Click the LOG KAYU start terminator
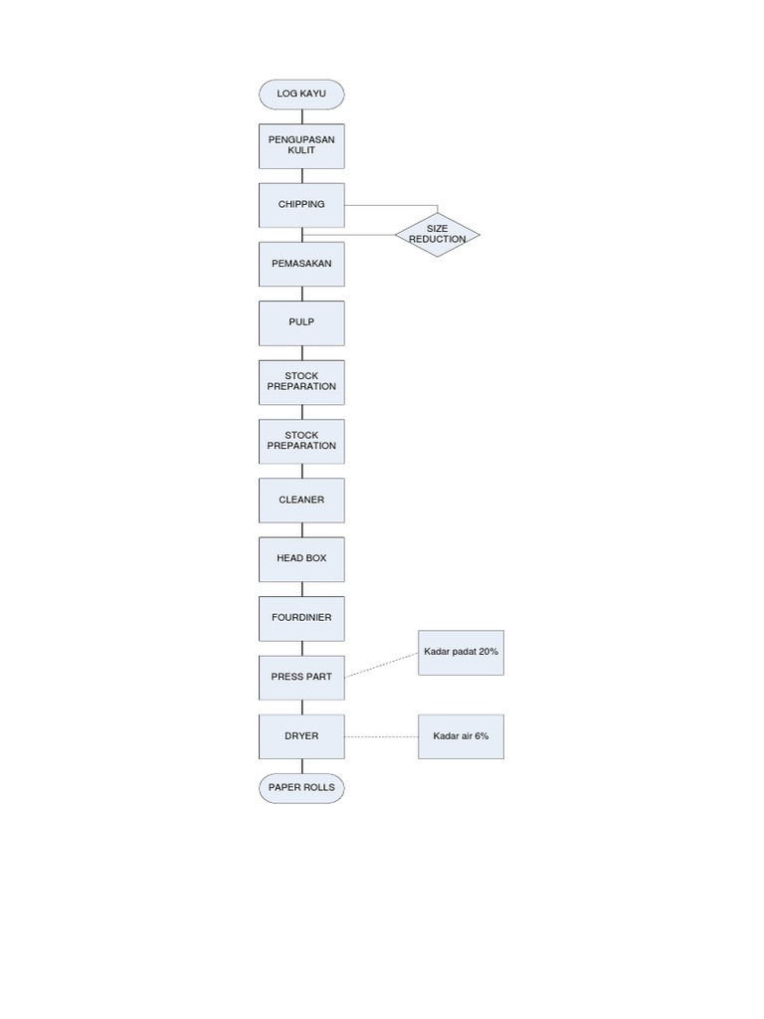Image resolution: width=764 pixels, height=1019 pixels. click(x=301, y=95)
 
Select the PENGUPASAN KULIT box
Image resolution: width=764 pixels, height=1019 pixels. click(x=301, y=145)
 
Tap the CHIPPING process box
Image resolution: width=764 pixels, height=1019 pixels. click(x=301, y=205)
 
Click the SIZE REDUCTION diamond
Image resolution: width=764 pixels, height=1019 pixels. click(x=437, y=235)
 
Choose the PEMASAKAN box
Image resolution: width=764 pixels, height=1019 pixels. click(x=301, y=265)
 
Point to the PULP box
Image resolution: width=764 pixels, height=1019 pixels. click(x=301, y=323)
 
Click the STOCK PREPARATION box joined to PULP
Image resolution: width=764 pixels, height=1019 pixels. click(x=301, y=382)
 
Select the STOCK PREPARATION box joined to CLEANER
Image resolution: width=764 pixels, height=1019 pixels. click(x=301, y=441)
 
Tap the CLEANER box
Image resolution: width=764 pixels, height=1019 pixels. click(x=301, y=500)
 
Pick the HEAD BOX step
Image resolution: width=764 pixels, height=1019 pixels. click(x=301, y=559)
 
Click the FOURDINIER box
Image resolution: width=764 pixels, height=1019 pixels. click(x=301, y=618)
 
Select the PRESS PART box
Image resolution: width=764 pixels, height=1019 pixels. click(x=301, y=677)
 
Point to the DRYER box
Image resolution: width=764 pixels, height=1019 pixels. click(x=301, y=736)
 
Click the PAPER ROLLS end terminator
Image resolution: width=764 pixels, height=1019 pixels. click(x=301, y=788)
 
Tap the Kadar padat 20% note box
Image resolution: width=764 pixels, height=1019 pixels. click(x=461, y=653)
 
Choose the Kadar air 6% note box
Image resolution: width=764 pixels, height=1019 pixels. click(x=461, y=736)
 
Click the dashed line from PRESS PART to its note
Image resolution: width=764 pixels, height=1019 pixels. click(x=382, y=665)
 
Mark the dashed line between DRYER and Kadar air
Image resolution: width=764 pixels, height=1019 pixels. click(x=382, y=736)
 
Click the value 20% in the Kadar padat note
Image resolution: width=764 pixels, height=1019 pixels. click(x=487, y=652)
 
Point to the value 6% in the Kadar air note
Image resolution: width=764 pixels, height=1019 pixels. click(x=481, y=736)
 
